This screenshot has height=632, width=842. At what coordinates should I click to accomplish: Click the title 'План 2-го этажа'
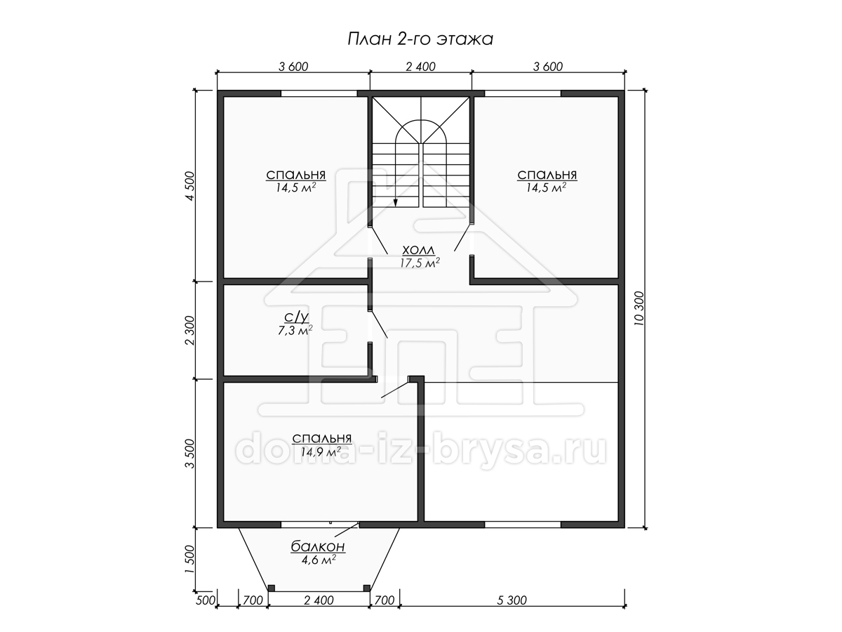420,39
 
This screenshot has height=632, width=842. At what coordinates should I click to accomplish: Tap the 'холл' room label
418,250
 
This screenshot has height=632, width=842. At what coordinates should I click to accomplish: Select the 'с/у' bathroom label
296,317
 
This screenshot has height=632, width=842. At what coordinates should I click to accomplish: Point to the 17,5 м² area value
420,263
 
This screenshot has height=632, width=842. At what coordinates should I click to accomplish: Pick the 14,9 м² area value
321,452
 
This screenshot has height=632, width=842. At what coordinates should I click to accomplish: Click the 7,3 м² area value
295,329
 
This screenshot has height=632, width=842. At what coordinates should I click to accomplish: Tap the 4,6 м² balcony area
319,560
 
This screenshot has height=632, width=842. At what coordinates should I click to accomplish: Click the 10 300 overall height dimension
639,308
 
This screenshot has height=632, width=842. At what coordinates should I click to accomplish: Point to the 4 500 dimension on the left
190,186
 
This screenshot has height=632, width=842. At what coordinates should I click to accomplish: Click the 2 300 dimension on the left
190,330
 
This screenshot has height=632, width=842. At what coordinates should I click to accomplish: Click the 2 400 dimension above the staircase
420,67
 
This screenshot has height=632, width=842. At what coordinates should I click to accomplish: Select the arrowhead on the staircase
396,203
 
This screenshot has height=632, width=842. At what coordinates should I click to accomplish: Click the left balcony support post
272,588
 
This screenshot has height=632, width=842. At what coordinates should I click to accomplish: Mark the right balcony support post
367,588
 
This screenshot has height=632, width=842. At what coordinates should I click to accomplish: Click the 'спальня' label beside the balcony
322,438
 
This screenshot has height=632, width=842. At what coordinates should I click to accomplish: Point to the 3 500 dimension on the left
190,454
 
